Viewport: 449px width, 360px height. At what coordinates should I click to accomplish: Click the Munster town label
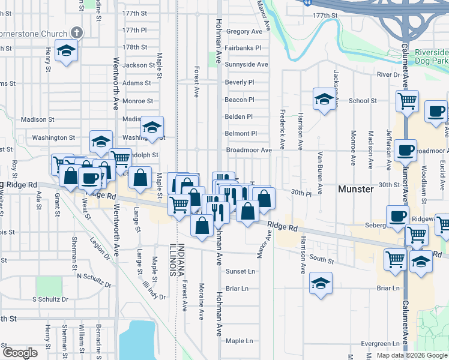356,189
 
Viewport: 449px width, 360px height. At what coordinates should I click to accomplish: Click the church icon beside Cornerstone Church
76,32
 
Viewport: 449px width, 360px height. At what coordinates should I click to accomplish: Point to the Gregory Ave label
244,31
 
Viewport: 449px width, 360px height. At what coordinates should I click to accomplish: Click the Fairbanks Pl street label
243,47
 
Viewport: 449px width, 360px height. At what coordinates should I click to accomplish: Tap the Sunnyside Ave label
246,64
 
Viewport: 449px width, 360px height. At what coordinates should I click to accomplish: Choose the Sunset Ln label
240,271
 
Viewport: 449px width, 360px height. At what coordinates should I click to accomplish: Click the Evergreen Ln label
382,344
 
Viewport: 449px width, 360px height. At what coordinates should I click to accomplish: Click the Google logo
20,353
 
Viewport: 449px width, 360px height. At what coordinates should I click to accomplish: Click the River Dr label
388,74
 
